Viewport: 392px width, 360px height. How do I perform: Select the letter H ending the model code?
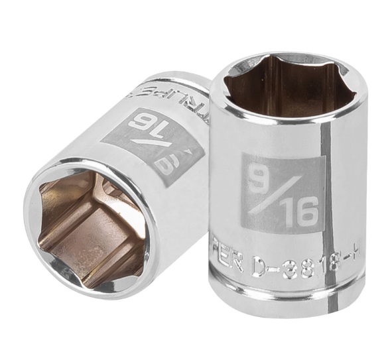click(358, 267)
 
